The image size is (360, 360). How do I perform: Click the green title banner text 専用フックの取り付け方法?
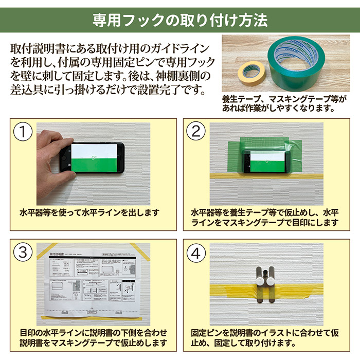(180, 20)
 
